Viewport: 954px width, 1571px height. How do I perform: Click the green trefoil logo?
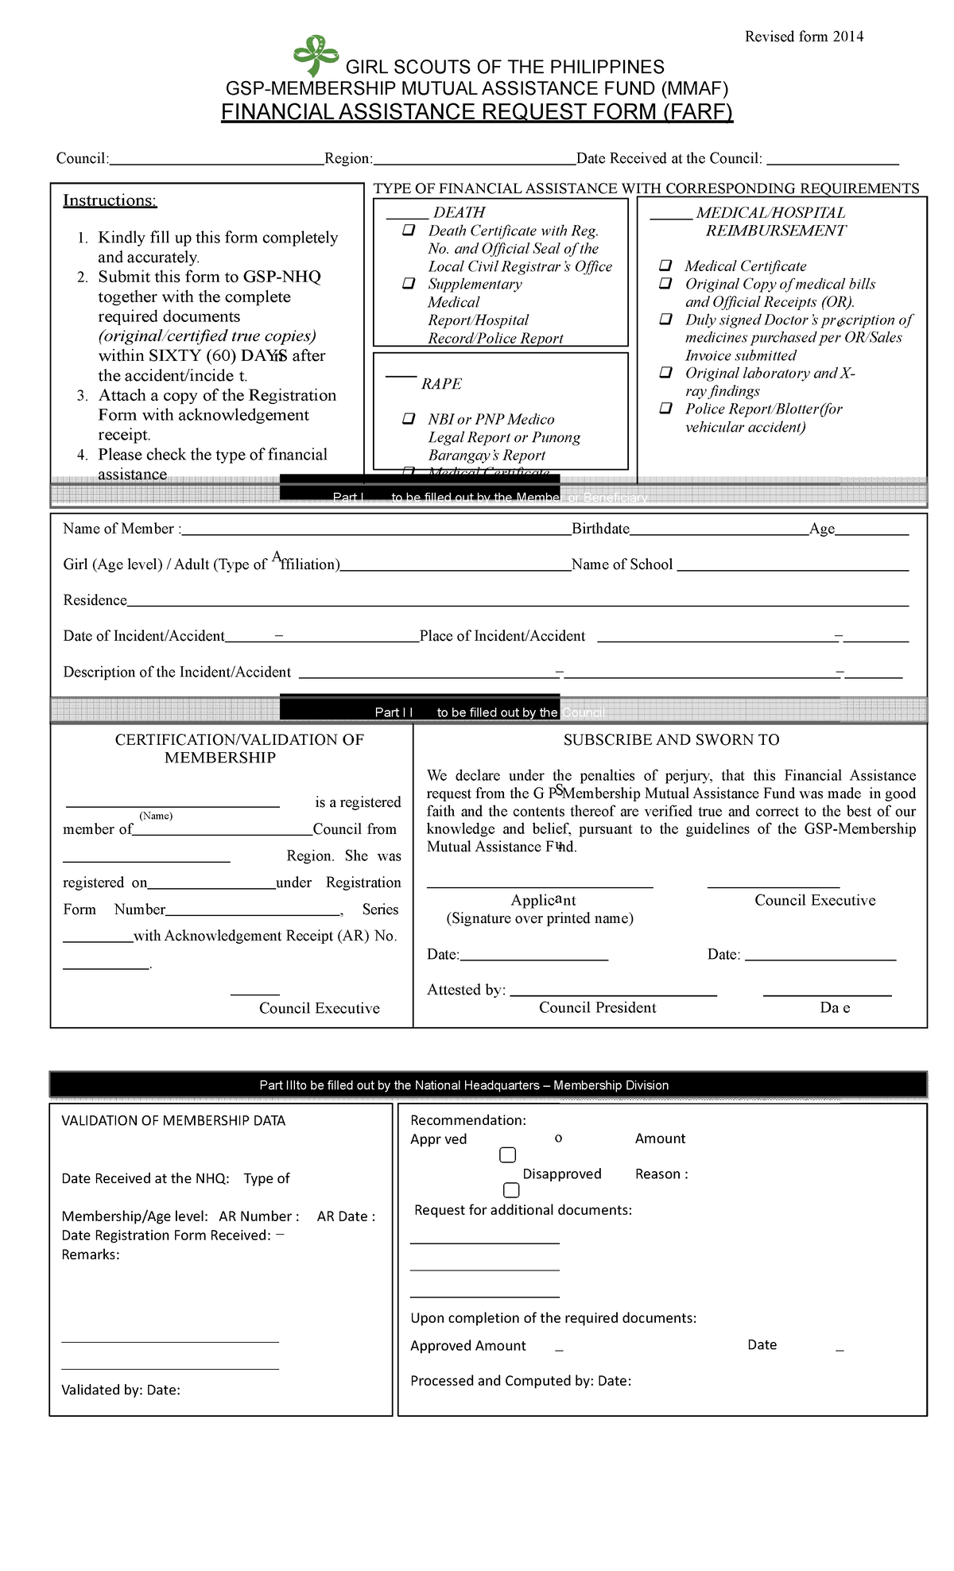tap(316, 55)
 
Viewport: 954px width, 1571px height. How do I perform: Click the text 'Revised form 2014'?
tap(804, 37)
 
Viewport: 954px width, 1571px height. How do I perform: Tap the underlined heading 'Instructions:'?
tap(110, 200)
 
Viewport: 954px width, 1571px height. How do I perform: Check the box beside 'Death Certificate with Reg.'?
tap(409, 231)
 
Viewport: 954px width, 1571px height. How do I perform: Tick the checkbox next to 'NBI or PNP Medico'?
tap(409, 419)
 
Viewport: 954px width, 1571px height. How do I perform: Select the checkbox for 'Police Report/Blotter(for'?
tap(666, 409)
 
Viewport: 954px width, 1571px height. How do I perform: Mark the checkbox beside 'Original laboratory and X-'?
tap(666, 373)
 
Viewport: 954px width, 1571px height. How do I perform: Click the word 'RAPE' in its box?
tap(441, 384)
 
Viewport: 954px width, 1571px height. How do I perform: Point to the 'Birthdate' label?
tap(600, 529)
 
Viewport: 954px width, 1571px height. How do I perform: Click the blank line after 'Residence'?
tap(517, 602)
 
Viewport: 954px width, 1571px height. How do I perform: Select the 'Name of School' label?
tap(622, 564)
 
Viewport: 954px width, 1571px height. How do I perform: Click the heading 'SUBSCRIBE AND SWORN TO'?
tap(671, 739)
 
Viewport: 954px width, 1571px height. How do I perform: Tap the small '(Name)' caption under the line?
tap(156, 816)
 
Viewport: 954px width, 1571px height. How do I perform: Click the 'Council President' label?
tap(597, 1007)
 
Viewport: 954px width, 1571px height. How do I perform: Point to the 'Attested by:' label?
tap(466, 990)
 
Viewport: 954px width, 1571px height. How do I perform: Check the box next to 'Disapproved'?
tap(511, 1190)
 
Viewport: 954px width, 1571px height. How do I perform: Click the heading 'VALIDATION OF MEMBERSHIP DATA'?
tap(173, 1120)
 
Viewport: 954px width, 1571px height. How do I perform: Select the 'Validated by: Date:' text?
tap(121, 1390)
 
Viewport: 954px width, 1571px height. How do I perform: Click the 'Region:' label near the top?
tap(348, 158)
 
